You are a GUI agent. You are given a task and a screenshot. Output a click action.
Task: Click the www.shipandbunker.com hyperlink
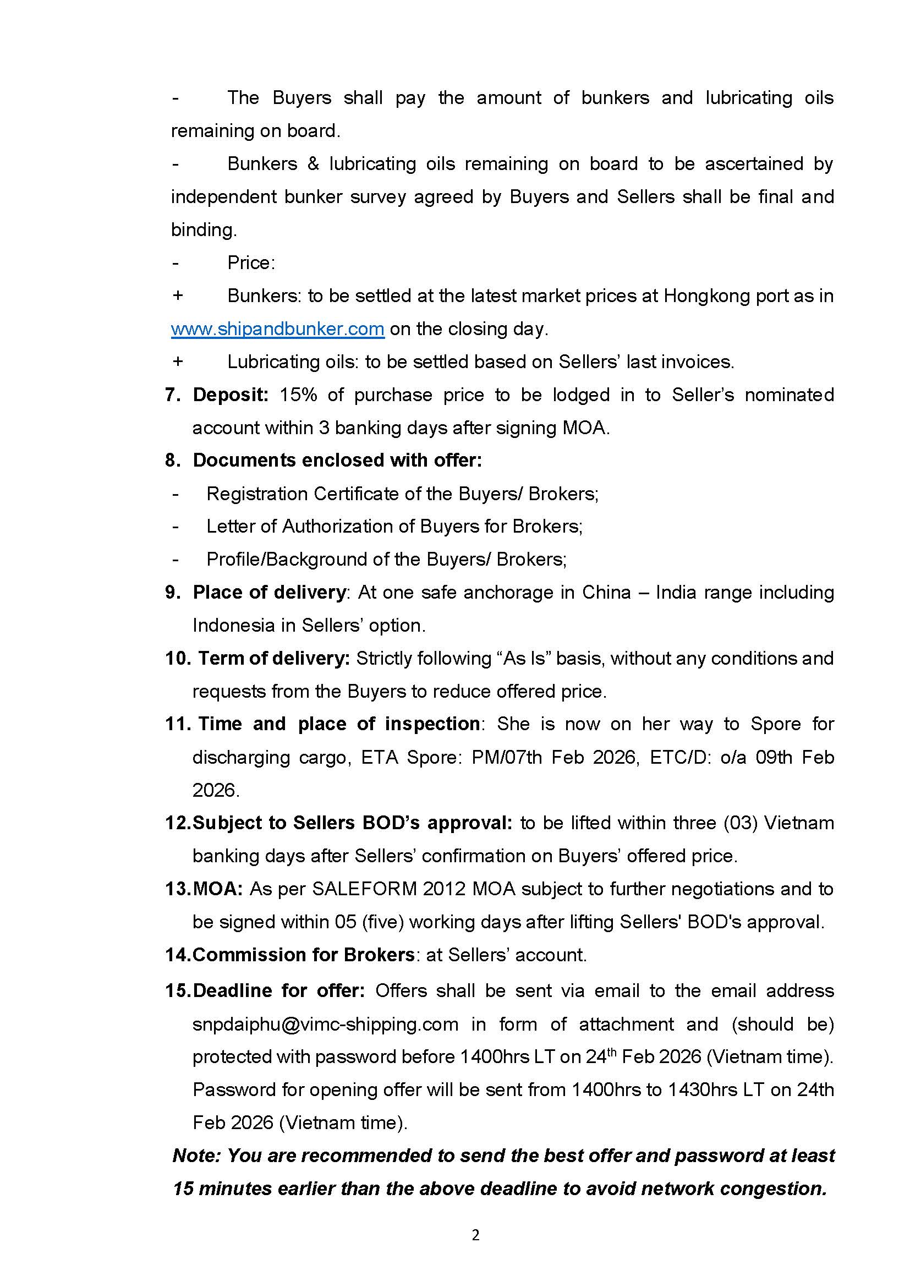(x=277, y=328)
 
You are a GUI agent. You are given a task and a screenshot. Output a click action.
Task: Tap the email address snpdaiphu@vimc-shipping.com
(x=325, y=1024)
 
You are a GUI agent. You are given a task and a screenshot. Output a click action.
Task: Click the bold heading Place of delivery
(x=270, y=592)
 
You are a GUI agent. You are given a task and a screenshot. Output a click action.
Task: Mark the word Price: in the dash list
(x=251, y=262)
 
